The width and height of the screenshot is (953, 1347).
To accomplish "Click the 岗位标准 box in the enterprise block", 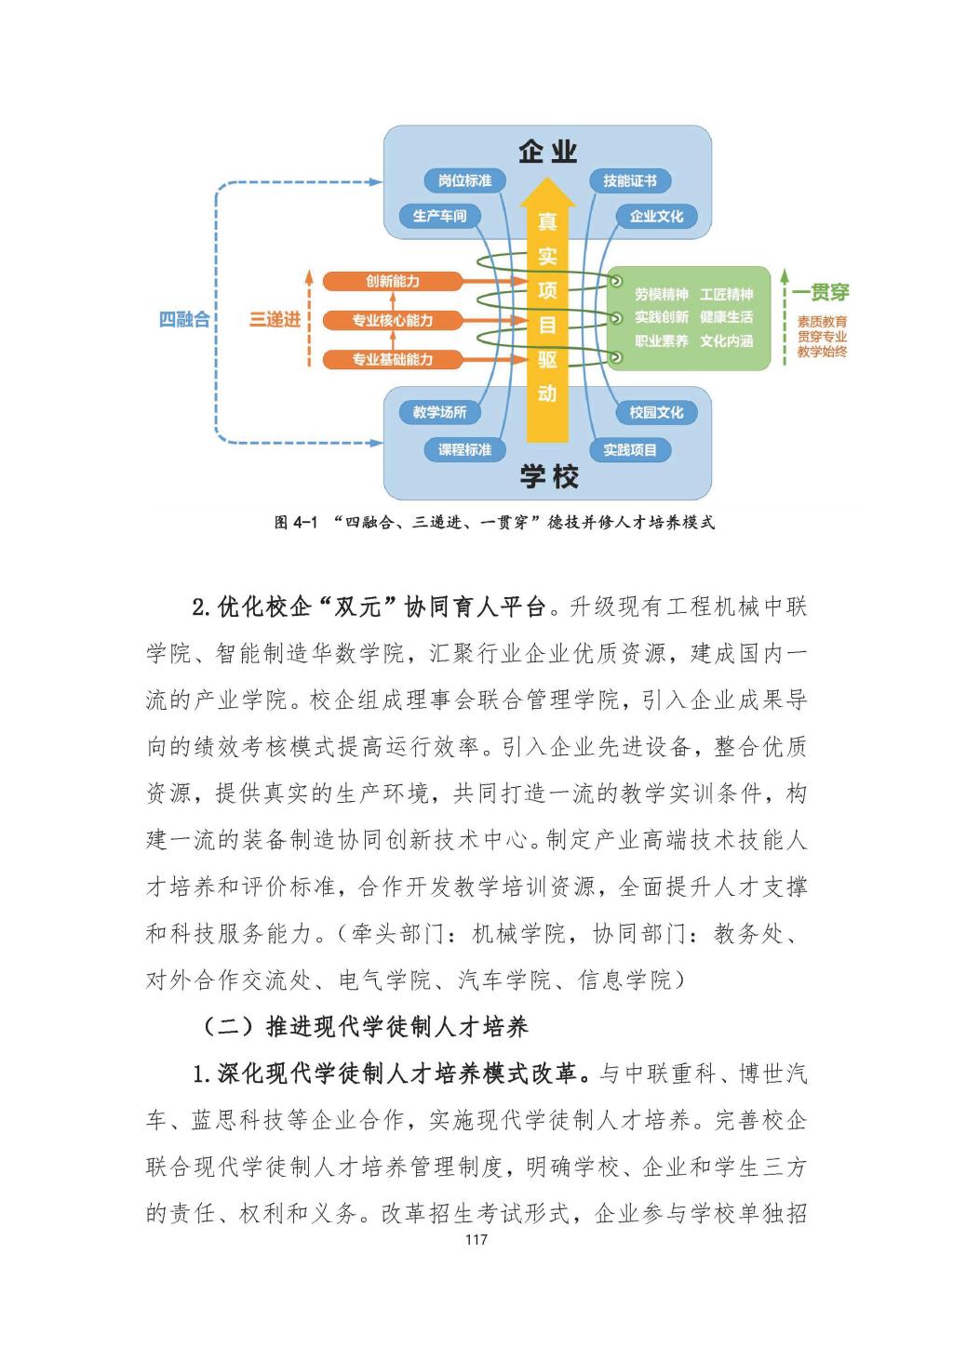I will (x=464, y=180).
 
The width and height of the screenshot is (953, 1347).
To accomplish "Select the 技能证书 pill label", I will (x=630, y=180).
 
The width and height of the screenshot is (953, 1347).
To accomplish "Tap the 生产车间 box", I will (x=440, y=216).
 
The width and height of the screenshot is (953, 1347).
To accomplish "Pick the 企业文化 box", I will (x=656, y=216).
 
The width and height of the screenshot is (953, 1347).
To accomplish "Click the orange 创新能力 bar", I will (x=392, y=281).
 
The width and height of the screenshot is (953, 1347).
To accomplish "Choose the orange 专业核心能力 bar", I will (x=392, y=320).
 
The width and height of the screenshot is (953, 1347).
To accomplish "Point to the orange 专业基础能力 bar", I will (x=392, y=359).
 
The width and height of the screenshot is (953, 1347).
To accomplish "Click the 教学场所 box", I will (x=440, y=412).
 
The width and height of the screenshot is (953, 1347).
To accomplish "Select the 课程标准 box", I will (x=464, y=449).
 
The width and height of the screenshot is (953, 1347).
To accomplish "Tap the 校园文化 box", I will (x=656, y=412).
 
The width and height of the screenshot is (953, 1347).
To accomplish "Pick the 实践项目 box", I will (x=630, y=449).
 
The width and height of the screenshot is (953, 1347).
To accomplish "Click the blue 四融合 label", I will (x=184, y=319).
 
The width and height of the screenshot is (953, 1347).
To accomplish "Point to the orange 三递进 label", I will (x=275, y=320).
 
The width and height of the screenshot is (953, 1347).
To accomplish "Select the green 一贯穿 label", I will (x=821, y=293).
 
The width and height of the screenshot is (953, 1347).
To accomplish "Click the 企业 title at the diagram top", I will (x=548, y=152).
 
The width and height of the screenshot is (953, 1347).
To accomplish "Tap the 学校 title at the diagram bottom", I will (x=548, y=477).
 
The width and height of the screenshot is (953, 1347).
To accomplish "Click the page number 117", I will (x=476, y=1239).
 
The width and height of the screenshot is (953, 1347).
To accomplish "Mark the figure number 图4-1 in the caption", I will (x=297, y=523).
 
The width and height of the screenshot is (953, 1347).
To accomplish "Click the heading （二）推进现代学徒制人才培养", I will (x=365, y=1026).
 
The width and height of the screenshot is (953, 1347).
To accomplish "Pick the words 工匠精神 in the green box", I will (x=727, y=294).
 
